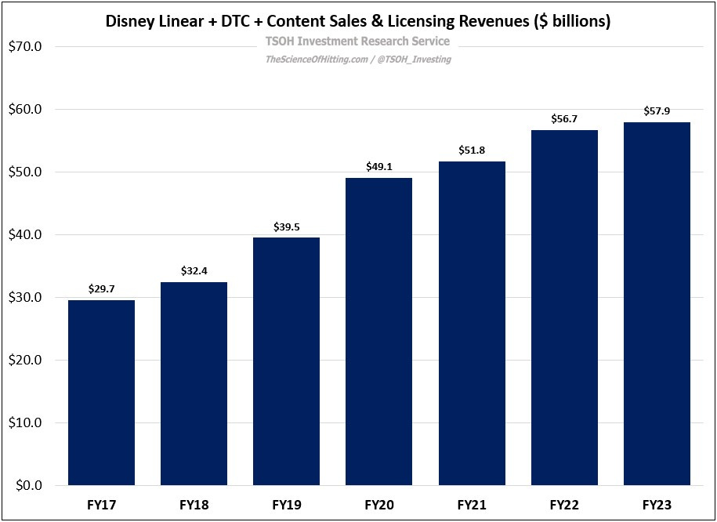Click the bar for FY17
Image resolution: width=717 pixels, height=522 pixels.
pos(101,393)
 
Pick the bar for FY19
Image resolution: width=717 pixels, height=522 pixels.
pos(286,361)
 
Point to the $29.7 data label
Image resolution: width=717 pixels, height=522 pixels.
pos(101,289)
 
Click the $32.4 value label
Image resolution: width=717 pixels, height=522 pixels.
pos(194,272)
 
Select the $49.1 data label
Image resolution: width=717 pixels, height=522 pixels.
pos(378,167)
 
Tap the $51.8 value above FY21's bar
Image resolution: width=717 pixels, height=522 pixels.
pos(472,150)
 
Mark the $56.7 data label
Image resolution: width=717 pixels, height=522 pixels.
pos(564,120)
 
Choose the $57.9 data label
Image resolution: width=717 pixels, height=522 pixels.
pos(657,112)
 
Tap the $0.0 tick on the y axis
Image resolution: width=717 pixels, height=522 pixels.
pos(30,486)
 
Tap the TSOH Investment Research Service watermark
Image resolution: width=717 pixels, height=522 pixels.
pos(358,42)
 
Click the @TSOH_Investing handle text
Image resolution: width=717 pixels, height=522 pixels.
pos(415,59)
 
